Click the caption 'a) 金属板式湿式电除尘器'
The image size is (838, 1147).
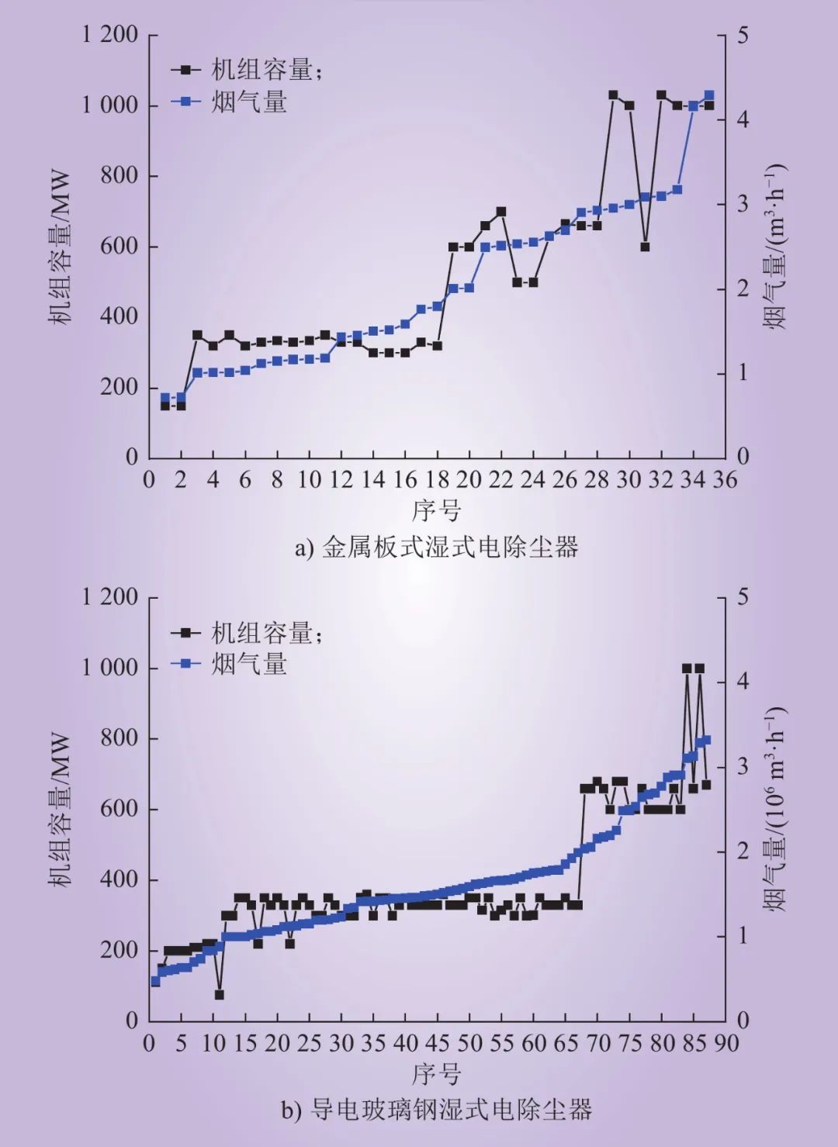[x=436, y=548]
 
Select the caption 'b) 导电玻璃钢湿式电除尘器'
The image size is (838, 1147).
[x=436, y=1110]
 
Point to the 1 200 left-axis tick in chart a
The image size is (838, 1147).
[x=110, y=35]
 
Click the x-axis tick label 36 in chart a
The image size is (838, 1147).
[x=725, y=480]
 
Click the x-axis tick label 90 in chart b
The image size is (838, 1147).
[x=726, y=1043]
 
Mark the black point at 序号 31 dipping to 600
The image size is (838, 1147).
[x=645, y=247]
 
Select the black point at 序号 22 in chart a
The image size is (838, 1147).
[x=501, y=211]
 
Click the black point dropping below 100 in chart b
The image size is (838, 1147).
[x=220, y=994]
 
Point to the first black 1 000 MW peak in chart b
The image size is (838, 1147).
[x=687, y=668]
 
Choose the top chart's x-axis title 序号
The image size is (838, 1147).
[x=436, y=511]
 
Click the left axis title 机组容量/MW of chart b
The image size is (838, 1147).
[x=60, y=810]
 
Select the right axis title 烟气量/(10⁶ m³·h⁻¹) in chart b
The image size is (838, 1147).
[x=776, y=808]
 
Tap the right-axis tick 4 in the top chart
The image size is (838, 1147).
[x=743, y=119]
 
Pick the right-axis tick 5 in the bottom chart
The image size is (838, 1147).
[x=743, y=597]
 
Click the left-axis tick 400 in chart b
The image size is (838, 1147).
[x=119, y=879]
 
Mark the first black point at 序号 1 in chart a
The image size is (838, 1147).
[x=165, y=405]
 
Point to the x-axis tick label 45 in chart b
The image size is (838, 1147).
[x=437, y=1043]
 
